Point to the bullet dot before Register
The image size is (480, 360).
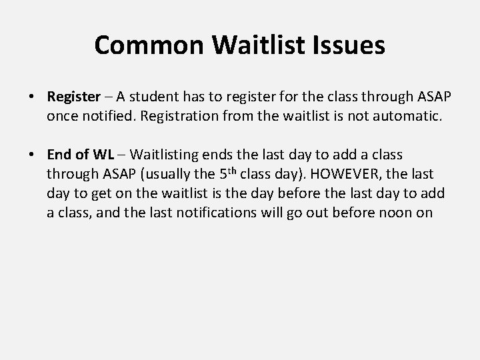[33, 97]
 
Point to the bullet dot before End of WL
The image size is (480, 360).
[33, 155]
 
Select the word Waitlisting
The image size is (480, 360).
[163, 155]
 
